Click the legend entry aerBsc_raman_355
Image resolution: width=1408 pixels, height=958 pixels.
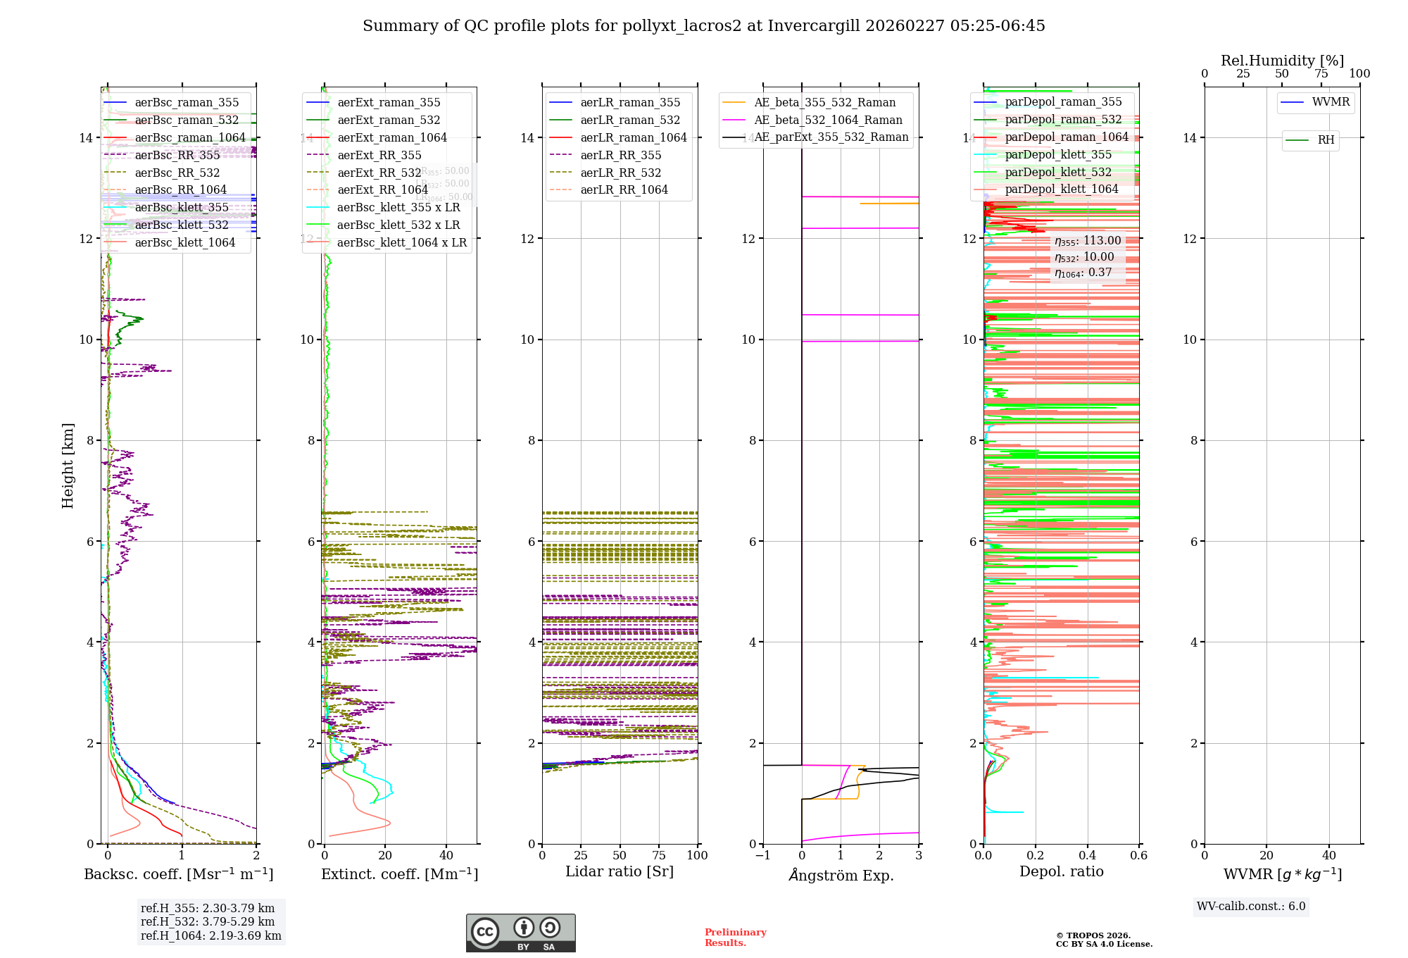coord(187,103)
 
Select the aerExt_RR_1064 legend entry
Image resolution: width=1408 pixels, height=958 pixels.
coord(382,190)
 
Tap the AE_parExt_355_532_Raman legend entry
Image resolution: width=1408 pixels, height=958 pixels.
coord(831,137)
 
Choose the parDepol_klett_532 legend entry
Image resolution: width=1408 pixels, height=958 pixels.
coord(1057,173)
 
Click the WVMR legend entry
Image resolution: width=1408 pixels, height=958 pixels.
coord(1331,102)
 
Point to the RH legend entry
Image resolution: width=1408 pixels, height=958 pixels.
coord(1326,140)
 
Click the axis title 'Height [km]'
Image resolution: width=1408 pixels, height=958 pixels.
coord(68,465)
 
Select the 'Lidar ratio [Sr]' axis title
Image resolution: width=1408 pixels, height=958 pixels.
coord(620,871)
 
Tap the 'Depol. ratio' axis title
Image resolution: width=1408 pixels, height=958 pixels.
coord(1061,871)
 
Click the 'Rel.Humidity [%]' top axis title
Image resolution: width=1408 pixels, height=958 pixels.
coord(1282,61)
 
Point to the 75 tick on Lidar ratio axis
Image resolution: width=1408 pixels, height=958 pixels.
coord(659,855)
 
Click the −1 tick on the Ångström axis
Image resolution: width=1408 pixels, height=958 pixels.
coord(762,855)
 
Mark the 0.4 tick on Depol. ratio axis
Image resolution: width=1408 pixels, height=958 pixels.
coord(1087,855)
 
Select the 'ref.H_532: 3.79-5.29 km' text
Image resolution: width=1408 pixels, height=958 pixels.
coord(208,921)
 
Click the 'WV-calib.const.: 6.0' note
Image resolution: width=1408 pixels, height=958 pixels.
coord(1251,907)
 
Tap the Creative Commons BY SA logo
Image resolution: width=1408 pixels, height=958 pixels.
coord(520,933)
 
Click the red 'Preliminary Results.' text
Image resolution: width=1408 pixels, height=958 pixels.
coord(735,938)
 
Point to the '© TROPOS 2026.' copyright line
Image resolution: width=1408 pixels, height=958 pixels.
coord(1093,935)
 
